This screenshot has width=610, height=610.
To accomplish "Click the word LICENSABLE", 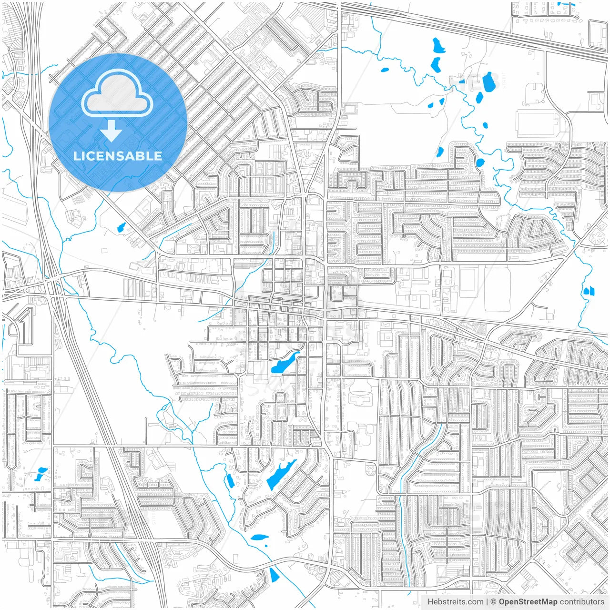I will (117, 156).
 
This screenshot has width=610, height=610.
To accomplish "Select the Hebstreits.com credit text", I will (455, 602).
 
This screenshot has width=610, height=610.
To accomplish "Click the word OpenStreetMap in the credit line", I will (528, 602).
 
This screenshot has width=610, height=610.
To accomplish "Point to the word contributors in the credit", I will (582, 602).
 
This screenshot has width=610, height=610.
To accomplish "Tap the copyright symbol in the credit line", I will (494, 602).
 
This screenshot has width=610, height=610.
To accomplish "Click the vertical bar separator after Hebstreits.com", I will (487, 602).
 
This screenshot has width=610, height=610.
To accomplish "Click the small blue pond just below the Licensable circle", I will (121, 227).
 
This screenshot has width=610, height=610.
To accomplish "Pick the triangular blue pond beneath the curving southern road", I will (274, 575).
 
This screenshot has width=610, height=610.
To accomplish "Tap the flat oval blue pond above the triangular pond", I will (260, 537).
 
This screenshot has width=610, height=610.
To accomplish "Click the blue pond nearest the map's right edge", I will (589, 290).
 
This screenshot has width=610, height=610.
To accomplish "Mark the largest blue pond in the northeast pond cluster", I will (489, 82).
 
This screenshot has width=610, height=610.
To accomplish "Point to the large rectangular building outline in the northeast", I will (537, 123).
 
